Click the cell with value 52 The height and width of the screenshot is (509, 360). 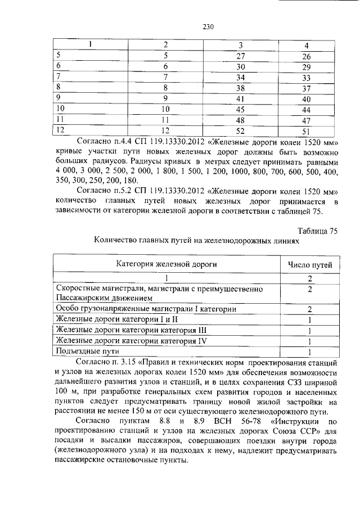click(x=240, y=130)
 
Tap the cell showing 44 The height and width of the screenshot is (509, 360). click(x=306, y=110)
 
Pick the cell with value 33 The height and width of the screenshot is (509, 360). click(x=306, y=78)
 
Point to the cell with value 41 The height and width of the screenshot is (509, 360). click(x=240, y=98)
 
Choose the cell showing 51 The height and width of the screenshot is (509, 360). click(x=306, y=131)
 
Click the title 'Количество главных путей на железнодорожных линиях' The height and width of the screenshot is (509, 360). click(x=197, y=241)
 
